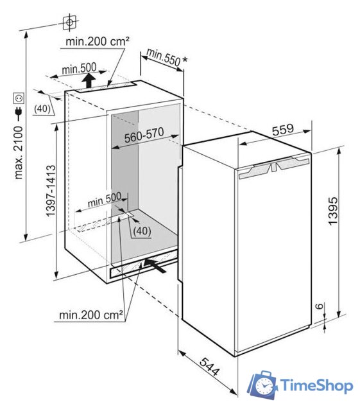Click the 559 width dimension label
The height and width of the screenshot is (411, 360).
(283, 130)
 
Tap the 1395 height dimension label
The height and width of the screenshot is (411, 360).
(333, 211)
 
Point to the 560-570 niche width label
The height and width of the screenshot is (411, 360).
(144, 135)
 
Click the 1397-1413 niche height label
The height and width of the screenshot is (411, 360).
(51, 191)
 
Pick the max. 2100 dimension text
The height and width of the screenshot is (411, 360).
(19, 153)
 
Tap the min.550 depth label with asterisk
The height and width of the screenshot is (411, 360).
(167, 58)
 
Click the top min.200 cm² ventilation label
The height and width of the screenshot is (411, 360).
(98, 41)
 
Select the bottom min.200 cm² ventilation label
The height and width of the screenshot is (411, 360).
(91, 315)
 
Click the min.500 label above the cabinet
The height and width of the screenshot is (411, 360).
(79, 69)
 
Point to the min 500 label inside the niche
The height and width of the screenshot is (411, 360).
(105, 200)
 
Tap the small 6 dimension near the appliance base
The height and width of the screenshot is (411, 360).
(319, 306)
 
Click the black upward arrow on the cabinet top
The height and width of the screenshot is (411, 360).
(89, 81)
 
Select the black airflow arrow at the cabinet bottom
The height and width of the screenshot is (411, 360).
(155, 265)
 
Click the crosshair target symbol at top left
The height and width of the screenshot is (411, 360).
(69, 22)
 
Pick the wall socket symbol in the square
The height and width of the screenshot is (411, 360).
(19, 98)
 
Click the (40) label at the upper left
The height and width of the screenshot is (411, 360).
(42, 109)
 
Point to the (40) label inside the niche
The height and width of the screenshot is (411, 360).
(142, 231)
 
